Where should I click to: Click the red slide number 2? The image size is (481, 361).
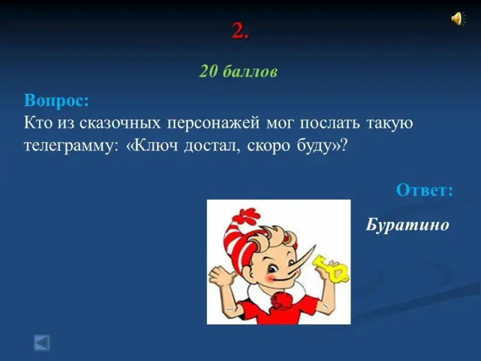click(240, 31)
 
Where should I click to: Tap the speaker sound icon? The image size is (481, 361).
click(458, 19)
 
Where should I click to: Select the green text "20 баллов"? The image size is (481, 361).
click(238, 72)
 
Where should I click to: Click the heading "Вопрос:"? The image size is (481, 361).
click(57, 100)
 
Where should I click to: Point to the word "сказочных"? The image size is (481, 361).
click(120, 123)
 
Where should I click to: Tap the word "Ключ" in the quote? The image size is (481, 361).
click(152, 145)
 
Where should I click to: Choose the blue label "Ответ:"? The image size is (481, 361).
click(424, 190)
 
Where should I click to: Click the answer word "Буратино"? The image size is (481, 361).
click(408, 224)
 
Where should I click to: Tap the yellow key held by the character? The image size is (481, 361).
click(331, 268)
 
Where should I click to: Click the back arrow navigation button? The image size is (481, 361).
click(41, 343)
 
